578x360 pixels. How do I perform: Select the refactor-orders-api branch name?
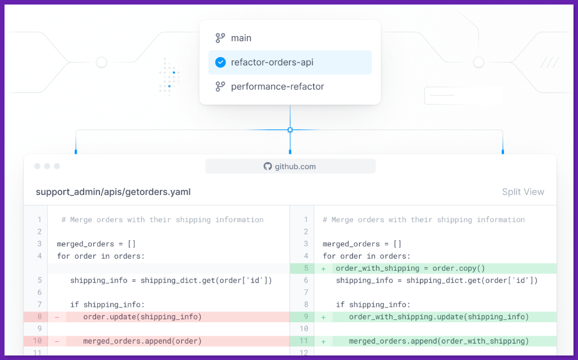[272, 62]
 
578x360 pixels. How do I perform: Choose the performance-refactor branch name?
[277, 86]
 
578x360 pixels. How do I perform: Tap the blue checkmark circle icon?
[220, 62]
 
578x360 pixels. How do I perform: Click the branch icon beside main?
[220, 38]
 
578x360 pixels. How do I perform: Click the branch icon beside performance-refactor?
[220, 86]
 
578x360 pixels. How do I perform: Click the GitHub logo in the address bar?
[268, 166]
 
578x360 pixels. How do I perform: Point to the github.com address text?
[295, 167]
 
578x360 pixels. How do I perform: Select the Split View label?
[523, 192]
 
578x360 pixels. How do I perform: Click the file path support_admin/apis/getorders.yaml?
[113, 192]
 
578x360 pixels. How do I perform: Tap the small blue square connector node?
[290, 130]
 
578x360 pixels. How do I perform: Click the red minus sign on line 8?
[57, 317]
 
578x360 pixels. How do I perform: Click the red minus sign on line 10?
[57, 341]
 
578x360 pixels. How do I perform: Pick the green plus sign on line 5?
[323, 269]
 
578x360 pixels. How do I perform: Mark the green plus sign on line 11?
[323, 341]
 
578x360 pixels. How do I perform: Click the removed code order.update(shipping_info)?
[142, 317]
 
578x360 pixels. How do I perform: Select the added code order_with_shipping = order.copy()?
[410, 268]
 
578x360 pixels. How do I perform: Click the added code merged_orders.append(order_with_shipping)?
[438, 341]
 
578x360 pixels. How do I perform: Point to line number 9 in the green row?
[306, 317]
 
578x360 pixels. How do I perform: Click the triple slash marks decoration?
[550, 62]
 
